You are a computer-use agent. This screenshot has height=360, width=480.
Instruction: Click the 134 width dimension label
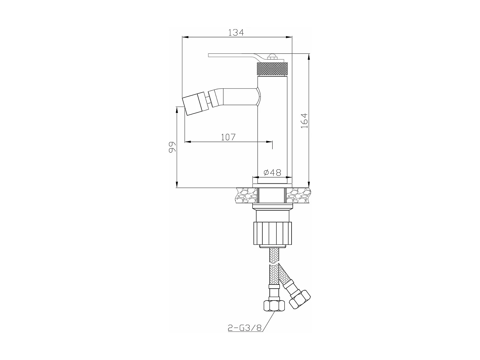click(x=236, y=32)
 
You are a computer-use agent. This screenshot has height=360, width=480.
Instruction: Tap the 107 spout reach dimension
click(x=228, y=137)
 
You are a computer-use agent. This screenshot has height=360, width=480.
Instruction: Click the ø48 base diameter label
click(x=272, y=173)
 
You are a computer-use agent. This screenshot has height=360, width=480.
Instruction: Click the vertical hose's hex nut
click(x=274, y=306)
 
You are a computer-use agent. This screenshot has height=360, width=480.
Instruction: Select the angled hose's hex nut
click(x=300, y=299)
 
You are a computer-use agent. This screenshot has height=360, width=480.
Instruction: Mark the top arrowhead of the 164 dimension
click(x=309, y=56)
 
